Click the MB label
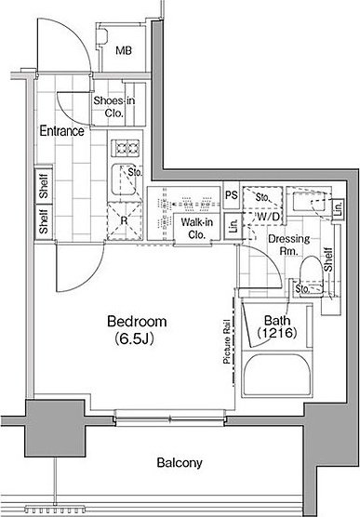point(124,50)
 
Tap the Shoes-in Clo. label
point(114,107)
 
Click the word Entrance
point(61,131)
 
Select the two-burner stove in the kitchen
point(125,148)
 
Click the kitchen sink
point(125,179)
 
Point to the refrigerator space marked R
point(124,220)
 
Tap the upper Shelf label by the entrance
point(44,186)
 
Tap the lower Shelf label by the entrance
point(44,221)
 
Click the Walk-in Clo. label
point(196,228)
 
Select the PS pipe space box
point(232,195)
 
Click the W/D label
point(268,217)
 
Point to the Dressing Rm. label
point(289,245)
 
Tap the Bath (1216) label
point(277,326)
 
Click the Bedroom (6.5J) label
point(137,329)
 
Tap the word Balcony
point(180,462)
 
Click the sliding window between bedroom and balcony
point(170,418)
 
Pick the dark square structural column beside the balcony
point(55,428)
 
